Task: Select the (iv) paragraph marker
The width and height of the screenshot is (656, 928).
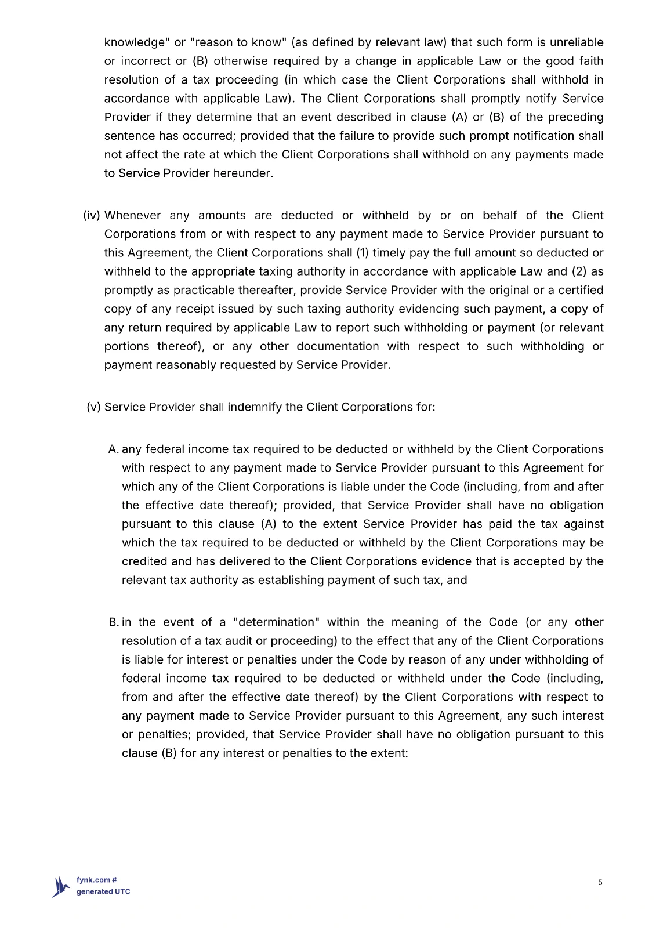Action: [92, 216]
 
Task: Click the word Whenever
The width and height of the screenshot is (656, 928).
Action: [132, 216]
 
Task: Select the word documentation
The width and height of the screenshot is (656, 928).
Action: [338, 346]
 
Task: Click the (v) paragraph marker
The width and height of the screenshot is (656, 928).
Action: [93, 407]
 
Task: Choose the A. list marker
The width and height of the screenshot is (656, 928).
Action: [113, 449]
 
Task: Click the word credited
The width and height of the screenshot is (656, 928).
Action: [144, 561]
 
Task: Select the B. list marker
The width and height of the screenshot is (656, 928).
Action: [114, 622]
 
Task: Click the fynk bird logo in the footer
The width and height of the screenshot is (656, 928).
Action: [61, 886]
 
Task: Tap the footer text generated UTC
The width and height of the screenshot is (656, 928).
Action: [103, 892]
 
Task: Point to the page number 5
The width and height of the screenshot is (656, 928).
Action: [600, 883]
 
